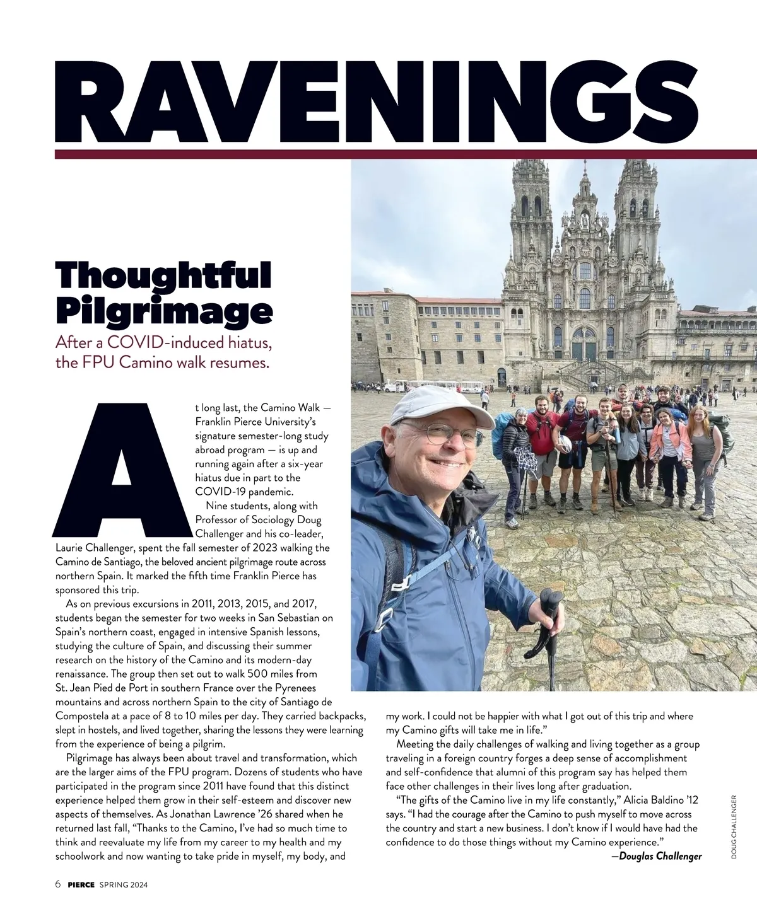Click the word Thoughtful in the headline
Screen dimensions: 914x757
pos(163,275)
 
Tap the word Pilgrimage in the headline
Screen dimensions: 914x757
pos(164,310)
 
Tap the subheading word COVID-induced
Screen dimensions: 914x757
pos(164,344)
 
